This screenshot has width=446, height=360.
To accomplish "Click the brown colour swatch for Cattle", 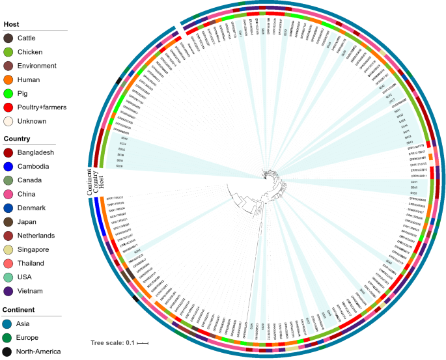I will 8,38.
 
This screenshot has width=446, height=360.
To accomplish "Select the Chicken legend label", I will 33,52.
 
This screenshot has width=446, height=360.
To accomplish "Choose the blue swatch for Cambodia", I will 8,167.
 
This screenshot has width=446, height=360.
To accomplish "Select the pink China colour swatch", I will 8,195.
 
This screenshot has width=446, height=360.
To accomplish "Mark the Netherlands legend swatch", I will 8,236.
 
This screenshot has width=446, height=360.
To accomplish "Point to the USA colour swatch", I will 8,277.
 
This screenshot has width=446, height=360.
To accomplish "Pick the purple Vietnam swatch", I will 8,291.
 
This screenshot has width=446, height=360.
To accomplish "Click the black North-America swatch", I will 8,352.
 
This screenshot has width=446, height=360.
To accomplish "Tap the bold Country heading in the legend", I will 18,139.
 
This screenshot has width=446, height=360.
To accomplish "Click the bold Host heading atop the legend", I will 12,24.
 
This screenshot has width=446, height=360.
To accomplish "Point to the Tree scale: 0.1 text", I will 112,342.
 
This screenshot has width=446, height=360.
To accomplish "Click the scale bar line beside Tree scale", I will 143,342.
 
